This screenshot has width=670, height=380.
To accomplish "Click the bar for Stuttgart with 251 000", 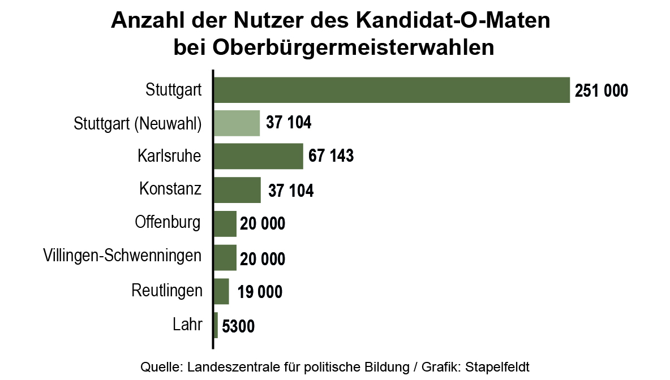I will pos(392,90).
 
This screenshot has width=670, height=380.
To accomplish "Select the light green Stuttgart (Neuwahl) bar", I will pos(237,123).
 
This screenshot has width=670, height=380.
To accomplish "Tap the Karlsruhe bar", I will pos(259,156).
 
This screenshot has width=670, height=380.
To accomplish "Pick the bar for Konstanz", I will pos(238,190).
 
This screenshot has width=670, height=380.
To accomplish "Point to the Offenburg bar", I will pos(225,223).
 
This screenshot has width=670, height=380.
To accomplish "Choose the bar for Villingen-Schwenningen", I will pos(225,258).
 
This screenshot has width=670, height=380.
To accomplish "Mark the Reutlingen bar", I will pos(222,292).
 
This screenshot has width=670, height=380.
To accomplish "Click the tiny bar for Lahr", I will pos(216,325).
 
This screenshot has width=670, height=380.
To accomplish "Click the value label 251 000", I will pos(601,90).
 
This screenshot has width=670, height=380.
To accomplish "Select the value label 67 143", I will pos(331,156).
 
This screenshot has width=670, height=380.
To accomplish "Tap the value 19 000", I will pos(260,292).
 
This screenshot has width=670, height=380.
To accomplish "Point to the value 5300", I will pos(239,326).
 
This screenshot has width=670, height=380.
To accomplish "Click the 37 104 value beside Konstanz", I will pos(291,191).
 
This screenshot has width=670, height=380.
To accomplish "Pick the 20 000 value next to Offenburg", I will pos(262,224).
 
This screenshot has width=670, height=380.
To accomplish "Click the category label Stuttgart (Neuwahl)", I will pos(138,123).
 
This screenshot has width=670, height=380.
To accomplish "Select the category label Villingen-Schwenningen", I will pos(122,256).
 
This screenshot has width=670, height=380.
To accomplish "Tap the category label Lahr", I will pos(187,325).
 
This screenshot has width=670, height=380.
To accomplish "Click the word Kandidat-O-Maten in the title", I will pos(453,21).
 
